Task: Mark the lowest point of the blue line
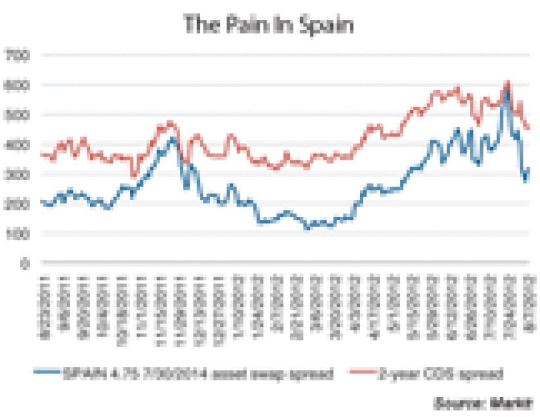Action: (x=308, y=228)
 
